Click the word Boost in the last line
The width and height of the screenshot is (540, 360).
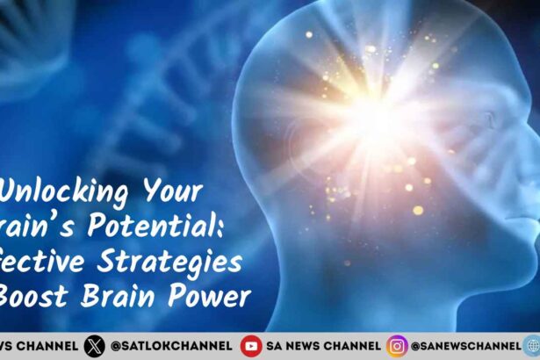pyautogui.click(x=41, y=296)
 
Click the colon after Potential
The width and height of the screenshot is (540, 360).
pyautogui.click(x=227, y=228)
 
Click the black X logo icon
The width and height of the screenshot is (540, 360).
pyautogui.click(x=94, y=346)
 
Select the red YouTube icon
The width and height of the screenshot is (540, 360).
pyautogui.click(x=251, y=346)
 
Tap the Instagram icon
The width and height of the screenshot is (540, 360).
pyautogui.click(x=398, y=346)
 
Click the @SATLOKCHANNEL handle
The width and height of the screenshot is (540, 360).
pyautogui.click(x=172, y=346)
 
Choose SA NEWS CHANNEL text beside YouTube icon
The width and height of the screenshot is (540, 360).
pyautogui.click(x=323, y=346)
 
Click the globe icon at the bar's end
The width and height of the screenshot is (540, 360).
pyautogui.click(x=532, y=346)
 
